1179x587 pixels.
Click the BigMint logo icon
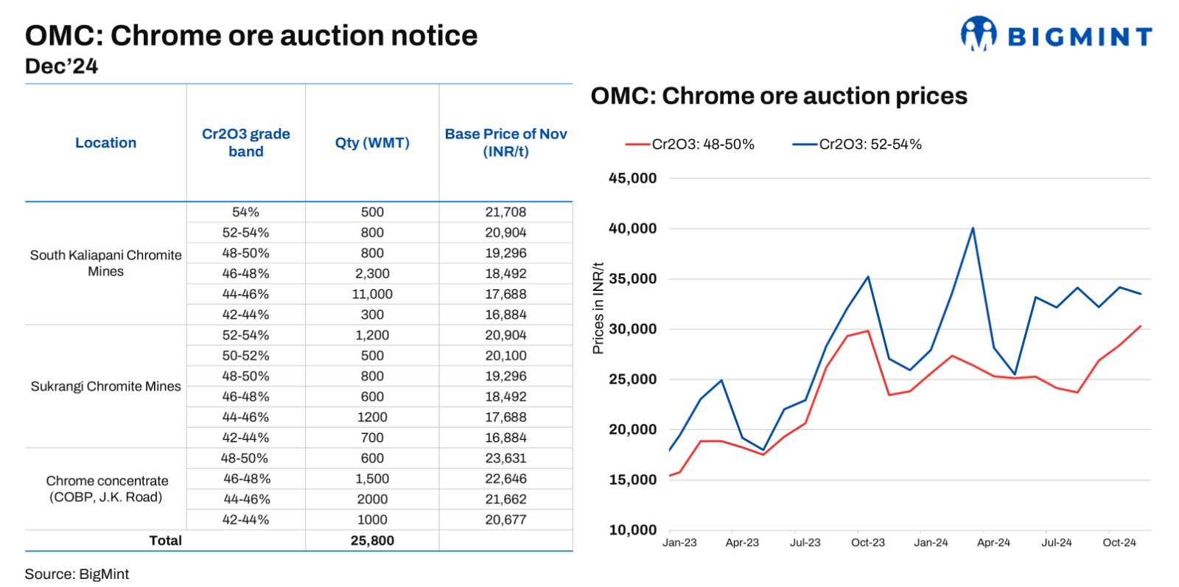click(x=979, y=34)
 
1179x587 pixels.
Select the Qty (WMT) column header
click(x=372, y=143)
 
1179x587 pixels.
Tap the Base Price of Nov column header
click(x=505, y=143)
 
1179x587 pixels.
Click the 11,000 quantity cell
click(x=372, y=294)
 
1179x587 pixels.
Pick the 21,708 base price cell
click(x=505, y=212)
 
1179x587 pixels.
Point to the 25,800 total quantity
click(x=372, y=541)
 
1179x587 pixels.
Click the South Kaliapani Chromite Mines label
click(x=106, y=263)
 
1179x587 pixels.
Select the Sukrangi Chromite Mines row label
click(x=106, y=387)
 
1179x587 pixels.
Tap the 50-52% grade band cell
click(x=246, y=356)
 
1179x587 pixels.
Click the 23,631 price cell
click(x=505, y=458)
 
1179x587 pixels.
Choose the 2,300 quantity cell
click(x=372, y=273)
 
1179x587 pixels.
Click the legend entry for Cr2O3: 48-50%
click(x=690, y=144)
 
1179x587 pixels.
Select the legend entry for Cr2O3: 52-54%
click(x=858, y=144)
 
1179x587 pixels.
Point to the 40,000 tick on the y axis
click(x=633, y=228)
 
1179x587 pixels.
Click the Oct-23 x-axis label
click(x=868, y=543)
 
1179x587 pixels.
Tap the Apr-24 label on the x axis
click(x=994, y=543)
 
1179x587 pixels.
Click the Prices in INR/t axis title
click(x=598, y=308)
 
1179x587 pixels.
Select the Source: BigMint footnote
click(x=77, y=574)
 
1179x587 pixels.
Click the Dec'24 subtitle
click(x=62, y=66)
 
